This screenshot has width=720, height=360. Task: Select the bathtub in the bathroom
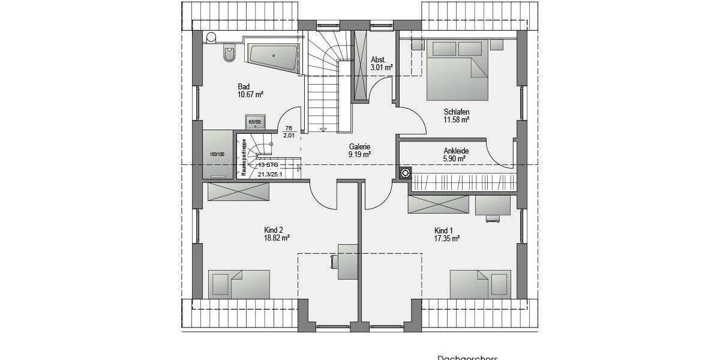click(x=273, y=58)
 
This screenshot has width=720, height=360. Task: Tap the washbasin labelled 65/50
click(x=255, y=122)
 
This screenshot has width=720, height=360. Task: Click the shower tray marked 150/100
click(x=217, y=154)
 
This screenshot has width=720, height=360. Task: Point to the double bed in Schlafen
click(x=457, y=69)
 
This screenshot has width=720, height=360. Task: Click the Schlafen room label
click(x=456, y=112)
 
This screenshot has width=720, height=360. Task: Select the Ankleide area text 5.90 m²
click(x=455, y=160)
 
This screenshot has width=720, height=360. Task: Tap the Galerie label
click(x=359, y=146)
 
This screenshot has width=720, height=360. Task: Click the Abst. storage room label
click(x=378, y=59)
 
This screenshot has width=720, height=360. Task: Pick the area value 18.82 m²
click(x=277, y=238)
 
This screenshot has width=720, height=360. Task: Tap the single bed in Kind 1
click(x=479, y=284)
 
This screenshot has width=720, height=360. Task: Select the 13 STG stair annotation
click(x=268, y=164)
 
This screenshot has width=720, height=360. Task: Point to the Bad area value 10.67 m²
click(x=251, y=94)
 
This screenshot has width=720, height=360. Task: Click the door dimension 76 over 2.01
click(x=288, y=131)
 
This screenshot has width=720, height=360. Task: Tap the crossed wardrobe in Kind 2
click(x=238, y=192)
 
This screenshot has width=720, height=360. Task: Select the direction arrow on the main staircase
click(x=323, y=129)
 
